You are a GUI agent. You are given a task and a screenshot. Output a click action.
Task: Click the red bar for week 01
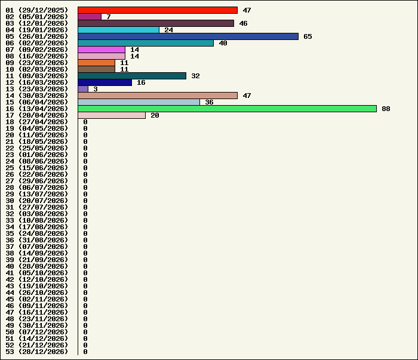(x=158, y=10)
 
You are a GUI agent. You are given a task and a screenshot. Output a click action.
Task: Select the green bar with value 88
(x=227, y=109)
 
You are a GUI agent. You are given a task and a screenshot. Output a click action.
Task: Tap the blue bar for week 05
(x=188, y=36)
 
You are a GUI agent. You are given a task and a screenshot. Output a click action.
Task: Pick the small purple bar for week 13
(x=83, y=89)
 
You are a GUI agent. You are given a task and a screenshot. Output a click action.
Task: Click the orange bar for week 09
(x=96, y=63)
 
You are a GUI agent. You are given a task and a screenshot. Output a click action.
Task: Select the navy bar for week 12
(x=105, y=82)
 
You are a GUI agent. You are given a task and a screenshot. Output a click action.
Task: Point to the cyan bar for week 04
(x=118, y=30)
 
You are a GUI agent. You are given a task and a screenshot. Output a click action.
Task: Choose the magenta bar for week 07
(x=102, y=50)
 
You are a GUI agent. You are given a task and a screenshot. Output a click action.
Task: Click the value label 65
(x=308, y=36)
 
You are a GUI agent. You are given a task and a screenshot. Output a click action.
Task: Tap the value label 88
(x=386, y=109)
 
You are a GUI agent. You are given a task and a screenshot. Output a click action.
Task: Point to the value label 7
(x=109, y=17)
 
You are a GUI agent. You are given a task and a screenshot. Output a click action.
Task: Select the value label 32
(x=195, y=76)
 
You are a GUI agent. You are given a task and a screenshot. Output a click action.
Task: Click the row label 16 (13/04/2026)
(x=37, y=109)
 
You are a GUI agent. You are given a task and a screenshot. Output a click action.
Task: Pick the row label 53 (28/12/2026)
(x=37, y=352)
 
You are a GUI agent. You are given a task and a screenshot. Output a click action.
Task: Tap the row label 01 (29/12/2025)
(x=37, y=10)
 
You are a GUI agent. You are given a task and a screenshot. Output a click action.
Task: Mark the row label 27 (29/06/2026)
(x=37, y=181)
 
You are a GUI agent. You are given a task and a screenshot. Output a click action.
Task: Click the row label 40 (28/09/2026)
(x=37, y=266)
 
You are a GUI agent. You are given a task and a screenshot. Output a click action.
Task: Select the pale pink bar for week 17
(x=112, y=115)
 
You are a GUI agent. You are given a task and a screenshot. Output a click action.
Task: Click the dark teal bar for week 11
(x=132, y=76)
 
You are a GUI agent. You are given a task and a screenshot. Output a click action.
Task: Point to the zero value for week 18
(x=85, y=122)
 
